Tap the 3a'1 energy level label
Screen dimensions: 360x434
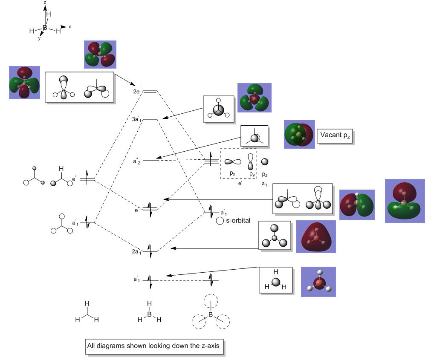point(136,120)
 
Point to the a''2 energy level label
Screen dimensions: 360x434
point(137,161)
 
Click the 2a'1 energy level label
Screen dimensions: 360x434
point(136,252)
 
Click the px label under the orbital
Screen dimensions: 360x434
point(232,173)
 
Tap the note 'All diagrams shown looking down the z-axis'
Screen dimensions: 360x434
point(153,346)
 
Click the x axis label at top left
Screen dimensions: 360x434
point(70,27)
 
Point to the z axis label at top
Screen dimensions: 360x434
point(45,3)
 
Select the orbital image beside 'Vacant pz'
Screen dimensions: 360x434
point(299,134)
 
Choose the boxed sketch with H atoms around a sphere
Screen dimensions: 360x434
point(276,280)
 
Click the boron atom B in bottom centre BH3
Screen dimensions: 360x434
point(149,314)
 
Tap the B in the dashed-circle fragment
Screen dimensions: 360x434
point(210,315)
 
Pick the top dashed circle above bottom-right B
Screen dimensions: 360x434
point(210,301)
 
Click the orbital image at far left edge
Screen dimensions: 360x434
point(24,83)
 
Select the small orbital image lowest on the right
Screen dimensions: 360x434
point(318,282)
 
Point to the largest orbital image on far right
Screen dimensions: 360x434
point(405,201)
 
